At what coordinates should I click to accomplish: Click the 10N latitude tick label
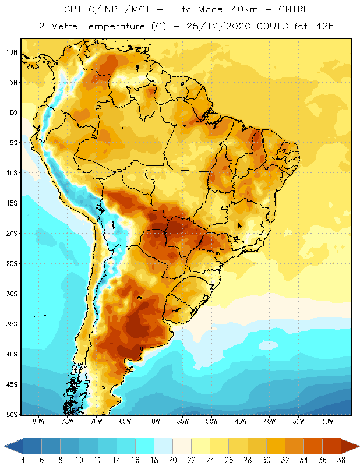[x=12, y=52]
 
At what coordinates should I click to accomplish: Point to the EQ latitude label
[x=13, y=112]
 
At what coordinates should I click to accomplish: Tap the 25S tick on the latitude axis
[x=12, y=264]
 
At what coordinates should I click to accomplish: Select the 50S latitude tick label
[x=12, y=415]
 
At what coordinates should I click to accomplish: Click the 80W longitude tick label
[x=38, y=421]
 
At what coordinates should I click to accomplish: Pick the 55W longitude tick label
[x=183, y=421]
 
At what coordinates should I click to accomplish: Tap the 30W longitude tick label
[x=327, y=421]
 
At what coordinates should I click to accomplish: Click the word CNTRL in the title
[x=294, y=9]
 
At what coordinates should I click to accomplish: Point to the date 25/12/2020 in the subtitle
[x=219, y=26]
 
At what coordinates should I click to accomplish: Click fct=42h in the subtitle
[x=314, y=26]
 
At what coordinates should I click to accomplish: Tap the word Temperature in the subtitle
[x=114, y=26]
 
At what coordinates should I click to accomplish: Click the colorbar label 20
[x=172, y=460]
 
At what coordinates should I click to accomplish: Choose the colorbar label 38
[x=341, y=460]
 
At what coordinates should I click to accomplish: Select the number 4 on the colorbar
[x=23, y=460]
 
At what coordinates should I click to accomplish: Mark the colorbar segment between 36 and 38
[x=331, y=446]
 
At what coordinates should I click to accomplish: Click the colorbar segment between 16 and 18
[x=145, y=446]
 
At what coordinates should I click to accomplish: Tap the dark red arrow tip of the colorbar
[x=350, y=446]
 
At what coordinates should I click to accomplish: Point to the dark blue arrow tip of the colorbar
[x=13, y=446]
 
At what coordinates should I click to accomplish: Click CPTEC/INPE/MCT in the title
[x=107, y=9]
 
